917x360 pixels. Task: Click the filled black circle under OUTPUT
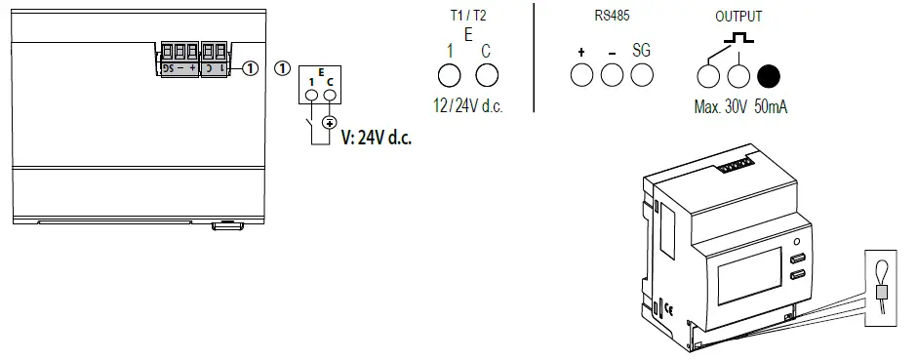click(x=770, y=75)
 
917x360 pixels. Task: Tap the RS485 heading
click(x=611, y=17)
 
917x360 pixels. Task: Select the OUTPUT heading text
click(x=738, y=17)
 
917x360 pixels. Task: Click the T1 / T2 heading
click(x=468, y=17)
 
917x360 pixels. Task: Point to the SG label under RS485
click(x=641, y=49)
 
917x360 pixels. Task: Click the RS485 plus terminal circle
click(x=581, y=75)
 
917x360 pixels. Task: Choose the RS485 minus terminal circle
click(x=612, y=75)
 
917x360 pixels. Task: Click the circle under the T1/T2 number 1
click(x=450, y=75)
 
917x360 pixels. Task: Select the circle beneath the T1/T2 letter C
click(x=485, y=75)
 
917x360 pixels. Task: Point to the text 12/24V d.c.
click(x=468, y=105)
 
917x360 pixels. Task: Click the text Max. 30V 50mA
click(x=740, y=105)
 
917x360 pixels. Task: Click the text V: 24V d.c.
click(x=377, y=139)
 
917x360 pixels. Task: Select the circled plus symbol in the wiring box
click(x=331, y=123)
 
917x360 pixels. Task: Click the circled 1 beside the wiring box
click(x=283, y=68)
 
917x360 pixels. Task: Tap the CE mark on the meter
click(x=668, y=309)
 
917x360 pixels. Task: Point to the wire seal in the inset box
click(x=881, y=290)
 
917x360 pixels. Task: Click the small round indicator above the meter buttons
click(x=796, y=240)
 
